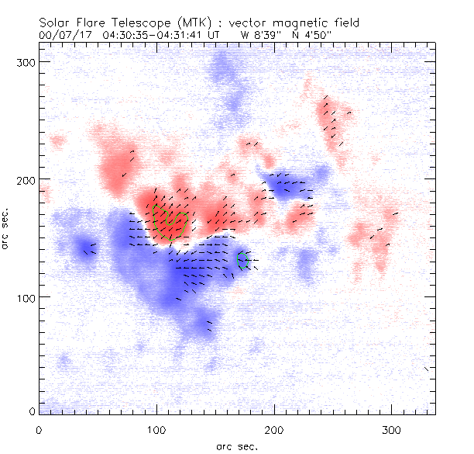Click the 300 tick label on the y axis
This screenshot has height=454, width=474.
tap(24, 61)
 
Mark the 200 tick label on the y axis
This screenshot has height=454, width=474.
tap(24, 179)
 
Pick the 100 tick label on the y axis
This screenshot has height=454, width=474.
tap(24, 297)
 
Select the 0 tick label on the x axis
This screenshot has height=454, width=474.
tap(39, 429)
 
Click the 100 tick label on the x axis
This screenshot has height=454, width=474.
tap(156, 429)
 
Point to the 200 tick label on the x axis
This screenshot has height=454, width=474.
tap(274, 429)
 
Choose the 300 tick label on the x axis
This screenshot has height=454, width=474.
tap(392, 429)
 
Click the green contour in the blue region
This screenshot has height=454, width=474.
tap(242, 260)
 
